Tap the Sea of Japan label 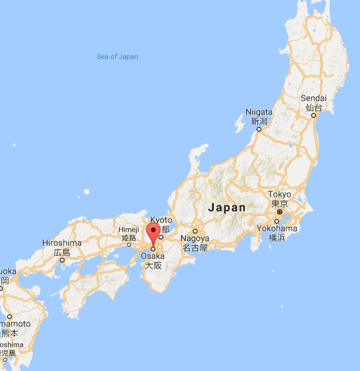[117, 57]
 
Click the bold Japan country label [227, 207]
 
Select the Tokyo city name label [279, 195]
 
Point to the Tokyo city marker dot [280, 212]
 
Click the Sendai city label [313, 98]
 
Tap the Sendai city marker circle [314, 114]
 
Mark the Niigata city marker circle [259, 129]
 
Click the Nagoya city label [195, 238]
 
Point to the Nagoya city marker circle [195, 230]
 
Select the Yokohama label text [276, 228]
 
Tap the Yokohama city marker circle [276, 220]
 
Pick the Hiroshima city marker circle [62, 259]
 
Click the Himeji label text [128, 230]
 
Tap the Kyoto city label [161, 220]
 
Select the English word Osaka [153, 257]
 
